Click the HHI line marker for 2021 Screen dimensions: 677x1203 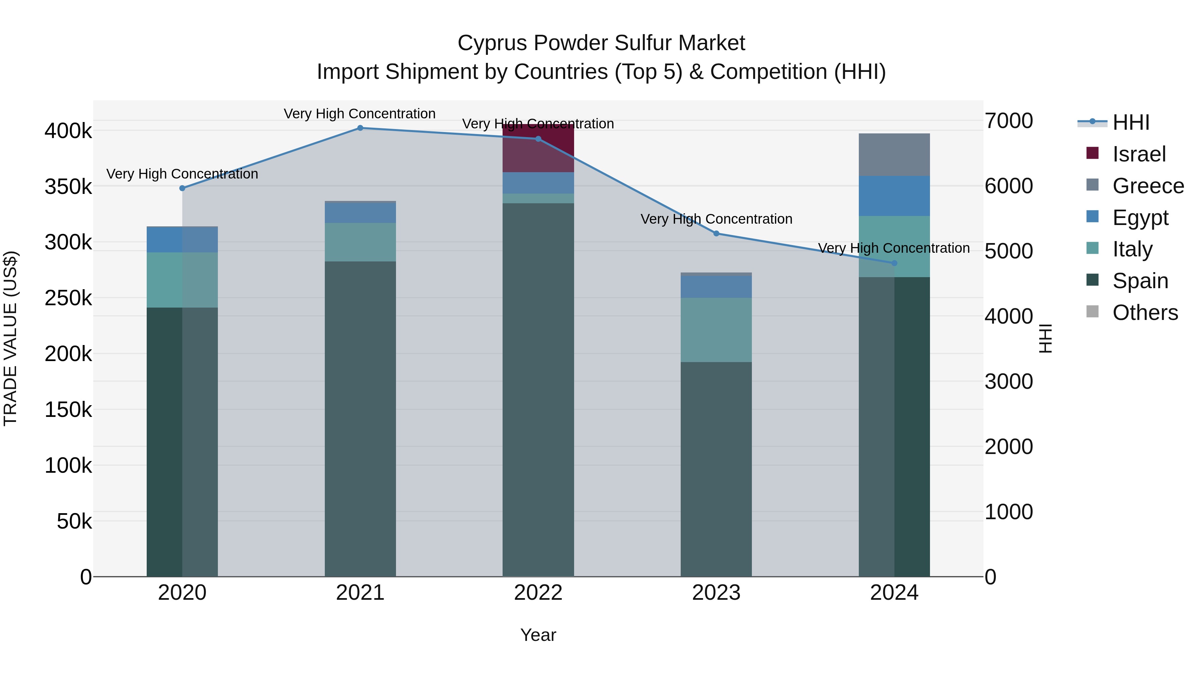(360, 128)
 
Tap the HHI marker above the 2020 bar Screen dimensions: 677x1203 (182, 188)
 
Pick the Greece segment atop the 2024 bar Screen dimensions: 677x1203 (894, 155)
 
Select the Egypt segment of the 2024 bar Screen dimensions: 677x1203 (894, 196)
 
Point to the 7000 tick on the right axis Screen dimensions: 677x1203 (1009, 121)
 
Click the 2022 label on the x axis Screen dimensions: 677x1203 (538, 593)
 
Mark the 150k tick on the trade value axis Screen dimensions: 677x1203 (68, 410)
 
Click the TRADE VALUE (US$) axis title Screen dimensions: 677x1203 (10, 338)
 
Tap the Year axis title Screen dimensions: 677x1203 (538, 635)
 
